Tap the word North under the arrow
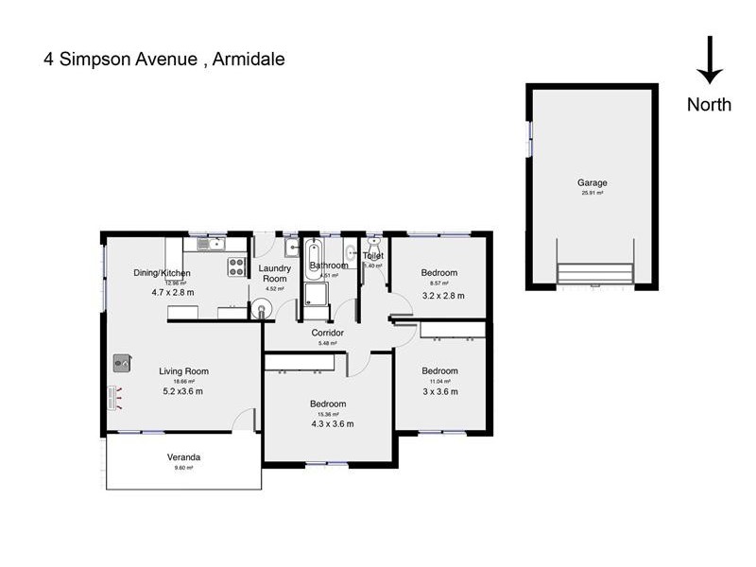pos(709,105)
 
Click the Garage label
pos(593,182)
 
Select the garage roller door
pos(594,274)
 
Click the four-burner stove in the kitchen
pos(236,266)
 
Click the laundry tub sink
pos(292,248)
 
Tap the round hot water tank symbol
pos(262,307)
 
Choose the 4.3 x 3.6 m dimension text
pos(332,424)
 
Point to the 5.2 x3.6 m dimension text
pos(182,391)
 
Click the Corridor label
pos(327,333)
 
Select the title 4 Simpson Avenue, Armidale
pos(163,60)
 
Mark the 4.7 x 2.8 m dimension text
pos(173,292)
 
